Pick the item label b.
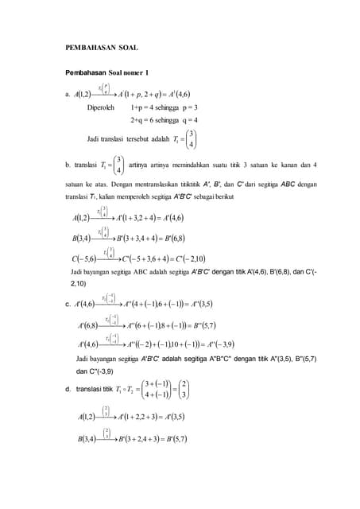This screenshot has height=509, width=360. click(x=68, y=165)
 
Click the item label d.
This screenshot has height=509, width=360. click(x=68, y=389)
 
